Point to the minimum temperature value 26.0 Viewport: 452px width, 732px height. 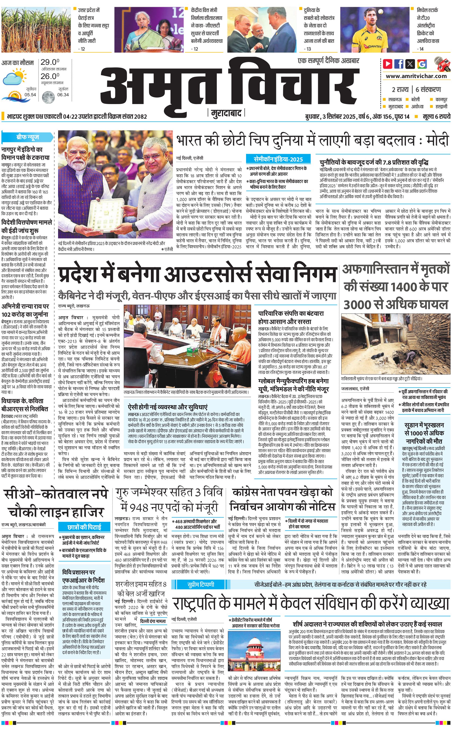click(50, 76)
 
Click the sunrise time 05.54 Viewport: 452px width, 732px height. click(30, 95)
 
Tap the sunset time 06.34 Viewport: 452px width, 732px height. click(63, 95)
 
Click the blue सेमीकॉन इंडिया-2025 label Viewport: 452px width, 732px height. click(278, 159)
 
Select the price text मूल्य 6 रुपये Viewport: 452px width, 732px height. click(436, 116)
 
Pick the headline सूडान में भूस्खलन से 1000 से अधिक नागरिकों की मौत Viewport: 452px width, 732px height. click(424, 433)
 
